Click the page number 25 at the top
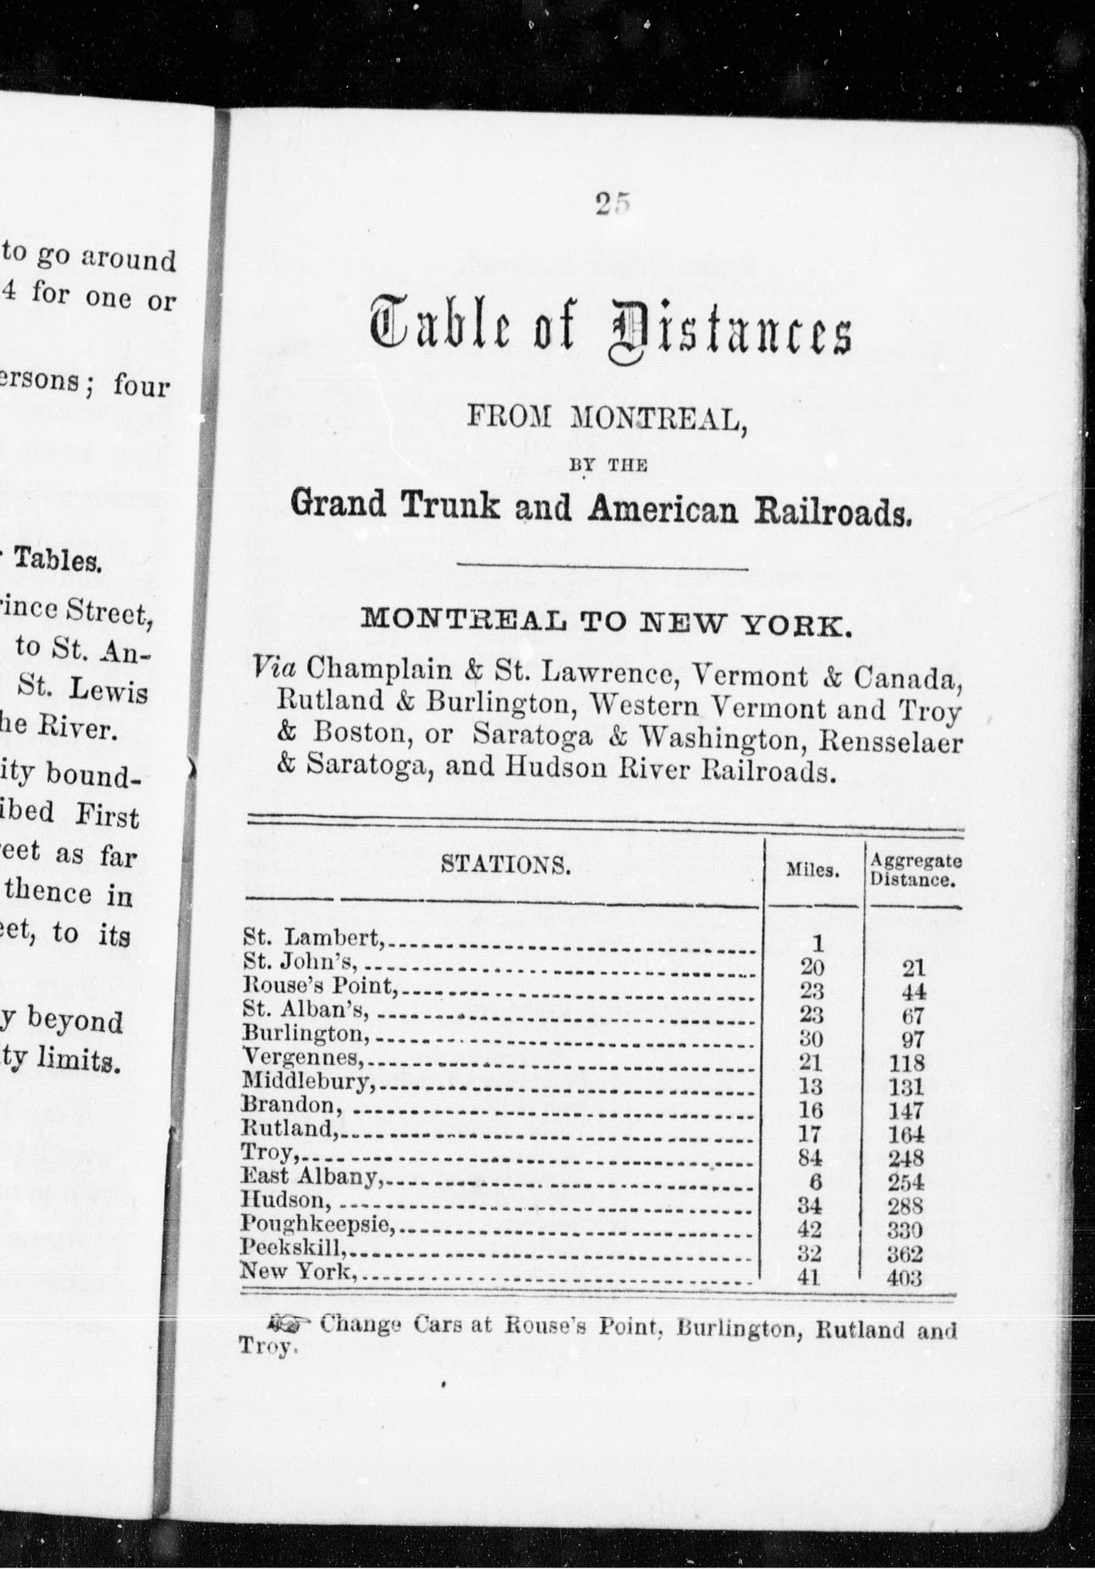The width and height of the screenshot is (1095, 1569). tap(611, 204)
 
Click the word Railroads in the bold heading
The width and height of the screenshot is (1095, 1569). tap(832, 510)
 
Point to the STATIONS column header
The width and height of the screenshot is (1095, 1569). tap(505, 866)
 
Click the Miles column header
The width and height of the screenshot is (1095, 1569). tap(813, 872)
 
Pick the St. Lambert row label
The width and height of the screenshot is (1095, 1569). tap(314, 937)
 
